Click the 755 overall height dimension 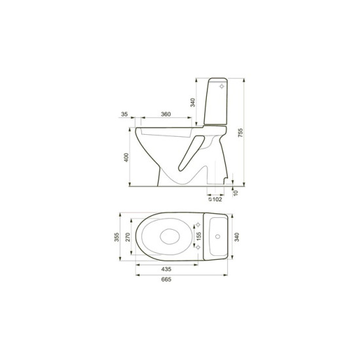click(240, 133)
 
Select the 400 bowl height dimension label click(126, 157)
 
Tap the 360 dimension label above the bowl click(166, 114)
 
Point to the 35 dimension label click(124, 114)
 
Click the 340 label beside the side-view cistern click(193, 102)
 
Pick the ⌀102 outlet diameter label click(215, 199)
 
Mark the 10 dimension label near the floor click(236, 193)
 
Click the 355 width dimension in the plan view click(117, 237)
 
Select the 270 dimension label click(128, 237)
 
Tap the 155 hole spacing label click(199, 236)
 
